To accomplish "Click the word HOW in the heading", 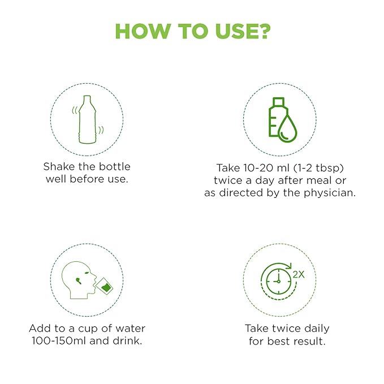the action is (143, 31).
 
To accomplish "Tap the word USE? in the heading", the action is (243, 31).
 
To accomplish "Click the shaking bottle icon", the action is (88, 119).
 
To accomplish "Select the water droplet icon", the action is (287, 128).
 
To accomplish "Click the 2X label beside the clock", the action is (299, 274).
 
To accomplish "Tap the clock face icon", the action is (278, 281).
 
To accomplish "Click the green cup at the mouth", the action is (105, 286).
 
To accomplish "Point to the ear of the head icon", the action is (78, 281).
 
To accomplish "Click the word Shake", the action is (59, 167).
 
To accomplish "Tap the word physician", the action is (329, 193).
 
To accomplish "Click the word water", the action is (130, 329).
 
